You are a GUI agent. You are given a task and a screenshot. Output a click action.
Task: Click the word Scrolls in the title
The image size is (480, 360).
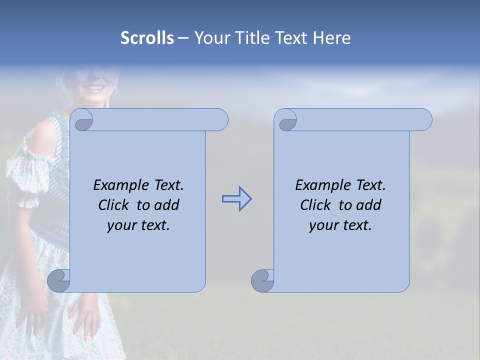click(147, 38)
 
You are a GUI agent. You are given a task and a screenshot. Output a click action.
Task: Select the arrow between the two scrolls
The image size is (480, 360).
click(236, 199)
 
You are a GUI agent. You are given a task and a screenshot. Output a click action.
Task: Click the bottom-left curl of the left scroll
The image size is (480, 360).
click(58, 281)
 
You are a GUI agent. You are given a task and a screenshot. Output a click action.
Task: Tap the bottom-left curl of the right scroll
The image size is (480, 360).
click(262, 281)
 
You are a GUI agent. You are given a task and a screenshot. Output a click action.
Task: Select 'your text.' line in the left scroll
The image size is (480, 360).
click(138, 225)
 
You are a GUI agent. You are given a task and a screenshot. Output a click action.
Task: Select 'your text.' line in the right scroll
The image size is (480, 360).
click(340, 225)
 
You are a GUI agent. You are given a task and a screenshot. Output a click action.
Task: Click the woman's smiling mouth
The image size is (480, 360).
click(94, 88)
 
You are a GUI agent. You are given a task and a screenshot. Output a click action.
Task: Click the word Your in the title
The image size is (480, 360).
click(210, 38)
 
